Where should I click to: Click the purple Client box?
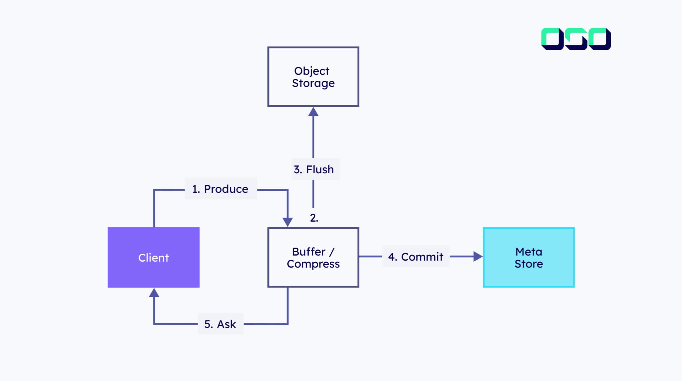point(154,257)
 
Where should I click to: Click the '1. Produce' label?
point(220,189)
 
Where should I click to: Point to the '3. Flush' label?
point(314,169)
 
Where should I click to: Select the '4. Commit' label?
point(416,257)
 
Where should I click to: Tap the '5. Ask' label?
point(220,324)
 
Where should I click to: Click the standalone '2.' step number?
point(314,218)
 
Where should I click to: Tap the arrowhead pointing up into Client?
point(154,293)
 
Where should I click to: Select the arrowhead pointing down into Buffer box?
point(288,222)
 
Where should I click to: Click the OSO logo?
point(576,39)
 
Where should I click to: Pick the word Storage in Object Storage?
point(313,83)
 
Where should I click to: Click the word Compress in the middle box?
point(313,264)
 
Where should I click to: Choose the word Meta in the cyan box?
point(528,252)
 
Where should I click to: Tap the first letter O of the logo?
point(552,39)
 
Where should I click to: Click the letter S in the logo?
point(576,39)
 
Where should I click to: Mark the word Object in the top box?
point(312,71)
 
